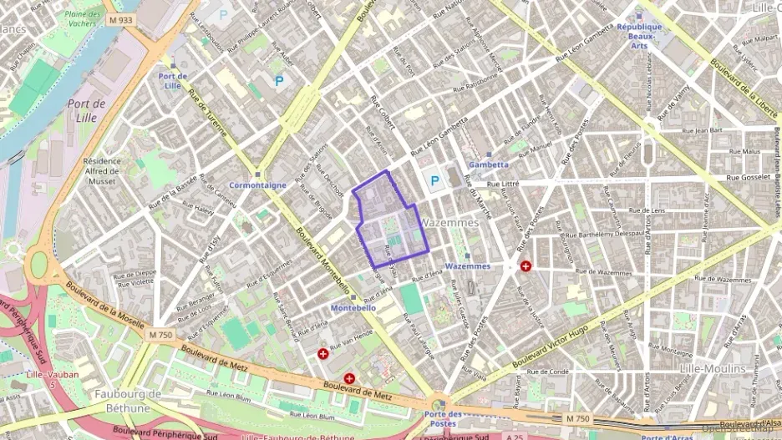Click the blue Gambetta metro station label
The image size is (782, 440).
(x=489, y=164)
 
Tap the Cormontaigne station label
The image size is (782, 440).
(x=258, y=185)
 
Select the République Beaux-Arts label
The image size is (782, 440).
(x=639, y=36)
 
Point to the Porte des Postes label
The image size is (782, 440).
(x=443, y=417)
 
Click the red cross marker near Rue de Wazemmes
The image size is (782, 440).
(x=526, y=266)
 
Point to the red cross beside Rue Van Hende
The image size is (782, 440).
(x=322, y=354)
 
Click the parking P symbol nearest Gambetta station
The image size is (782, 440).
(x=434, y=180)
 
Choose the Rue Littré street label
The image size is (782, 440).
(x=505, y=184)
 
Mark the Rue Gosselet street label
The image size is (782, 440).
(x=746, y=178)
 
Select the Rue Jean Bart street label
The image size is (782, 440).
(x=701, y=131)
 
